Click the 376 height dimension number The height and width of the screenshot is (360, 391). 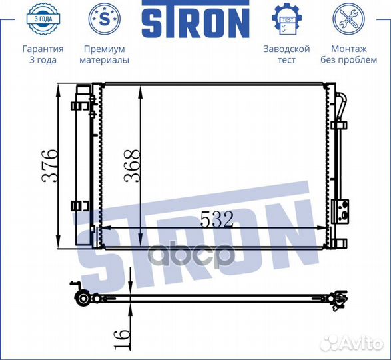click(x=51, y=166)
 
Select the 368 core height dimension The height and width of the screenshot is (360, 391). click(x=132, y=166)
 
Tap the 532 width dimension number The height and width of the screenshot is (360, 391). click(x=217, y=219)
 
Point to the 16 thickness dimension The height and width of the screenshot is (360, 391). click(x=122, y=338)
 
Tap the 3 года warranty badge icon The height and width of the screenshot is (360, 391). click(x=43, y=19)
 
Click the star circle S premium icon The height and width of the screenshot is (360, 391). click(x=105, y=19)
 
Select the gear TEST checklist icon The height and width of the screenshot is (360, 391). click(x=287, y=19)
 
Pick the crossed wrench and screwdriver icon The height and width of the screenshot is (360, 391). click(x=348, y=19)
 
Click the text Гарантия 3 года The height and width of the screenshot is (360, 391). click(x=43, y=54)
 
